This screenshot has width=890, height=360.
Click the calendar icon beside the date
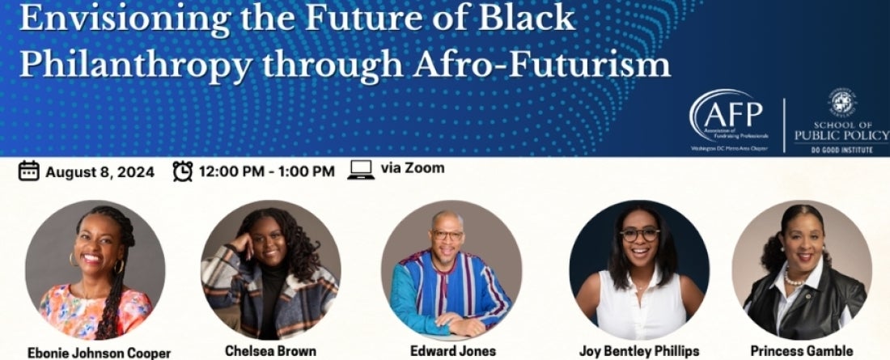pyautogui.click(x=28, y=171)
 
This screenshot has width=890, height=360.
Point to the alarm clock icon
pyautogui.click(x=183, y=171)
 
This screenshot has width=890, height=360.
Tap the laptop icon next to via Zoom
pyautogui.click(x=361, y=170)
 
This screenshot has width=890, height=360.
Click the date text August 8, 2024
pyautogui.click(x=100, y=172)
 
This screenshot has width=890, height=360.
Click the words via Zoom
pyautogui.click(x=412, y=169)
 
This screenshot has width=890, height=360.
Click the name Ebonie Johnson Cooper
pyautogui.click(x=99, y=353)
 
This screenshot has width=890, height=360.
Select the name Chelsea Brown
pyautogui.click(x=271, y=351)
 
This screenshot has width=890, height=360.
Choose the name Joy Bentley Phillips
pyautogui.click(x=639, y=351)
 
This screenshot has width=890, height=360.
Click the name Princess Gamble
pyautogui.click(x=801, y=351)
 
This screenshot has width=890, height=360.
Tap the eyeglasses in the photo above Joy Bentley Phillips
pyautogui.click(x=640, y=234)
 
